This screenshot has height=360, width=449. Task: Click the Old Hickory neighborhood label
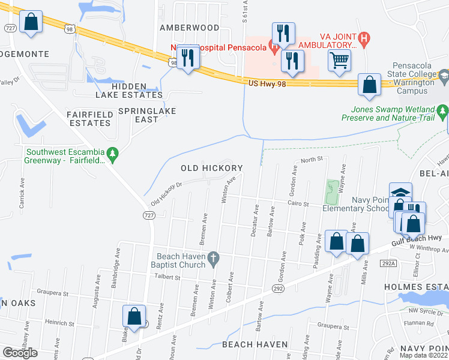click(x=212, y=169)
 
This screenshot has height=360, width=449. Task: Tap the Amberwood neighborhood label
click(x=189, y=28)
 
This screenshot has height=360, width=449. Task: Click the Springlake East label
click(x=146, y=115)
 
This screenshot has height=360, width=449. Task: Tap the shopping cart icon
click(x=339, y=59)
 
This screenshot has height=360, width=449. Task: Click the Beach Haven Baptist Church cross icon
click(x=212, y=258)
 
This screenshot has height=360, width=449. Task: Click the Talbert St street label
click(x=168, y=277)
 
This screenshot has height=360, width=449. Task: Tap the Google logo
click(x=20, y=353)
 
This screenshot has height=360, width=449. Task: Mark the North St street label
click(x=312, y=160)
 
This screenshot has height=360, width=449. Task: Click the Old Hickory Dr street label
click(x=166, y=194)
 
